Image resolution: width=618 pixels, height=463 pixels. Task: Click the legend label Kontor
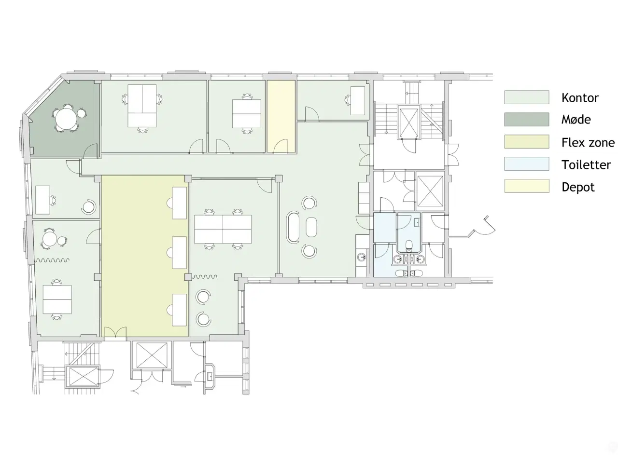pos(579,97)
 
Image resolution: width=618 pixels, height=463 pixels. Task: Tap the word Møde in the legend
pos(576,120)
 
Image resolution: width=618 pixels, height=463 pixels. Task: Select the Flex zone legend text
pos(588,143)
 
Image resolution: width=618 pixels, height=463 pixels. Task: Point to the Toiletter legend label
pos(586,165)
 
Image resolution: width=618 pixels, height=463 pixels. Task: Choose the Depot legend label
pos(578,187)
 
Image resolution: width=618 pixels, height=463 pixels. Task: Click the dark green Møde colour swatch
pos(526,120)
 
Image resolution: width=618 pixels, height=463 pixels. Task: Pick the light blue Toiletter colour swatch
pos(526,164)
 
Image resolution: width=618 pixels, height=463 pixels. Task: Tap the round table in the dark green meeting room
pos(66,118)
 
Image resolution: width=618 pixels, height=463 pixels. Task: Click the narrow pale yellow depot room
pos(281,116)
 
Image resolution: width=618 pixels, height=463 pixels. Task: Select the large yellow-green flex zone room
pos(144,256)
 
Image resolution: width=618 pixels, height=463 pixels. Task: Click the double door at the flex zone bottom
pos(115,332)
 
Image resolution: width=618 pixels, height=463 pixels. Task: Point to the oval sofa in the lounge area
pos(294,227)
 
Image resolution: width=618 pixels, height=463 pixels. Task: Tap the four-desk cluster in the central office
pos(223,229)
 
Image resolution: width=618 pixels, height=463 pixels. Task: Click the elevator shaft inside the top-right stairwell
pos(408,123)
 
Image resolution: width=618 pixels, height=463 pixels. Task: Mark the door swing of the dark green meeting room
pos(91,150)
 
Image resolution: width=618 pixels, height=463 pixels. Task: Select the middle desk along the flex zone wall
pos(179,252)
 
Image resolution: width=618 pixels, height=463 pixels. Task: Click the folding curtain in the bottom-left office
pos(52,260)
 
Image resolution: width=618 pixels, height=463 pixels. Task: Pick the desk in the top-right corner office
pos(358,100)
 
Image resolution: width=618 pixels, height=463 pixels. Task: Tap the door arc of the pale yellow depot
pos(281,146)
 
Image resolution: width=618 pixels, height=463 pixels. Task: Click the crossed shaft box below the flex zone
pos(152,355)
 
